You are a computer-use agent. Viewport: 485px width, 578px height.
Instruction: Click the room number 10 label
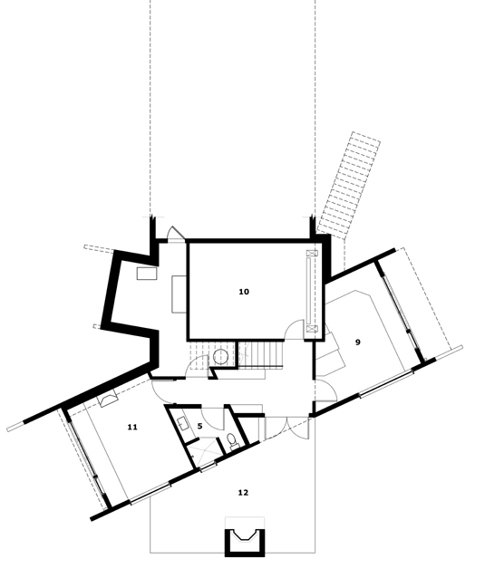coord(244,292)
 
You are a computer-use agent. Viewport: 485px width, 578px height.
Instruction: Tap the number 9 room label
coord(357,342)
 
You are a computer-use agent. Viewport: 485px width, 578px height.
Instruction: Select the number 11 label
coord(132,427)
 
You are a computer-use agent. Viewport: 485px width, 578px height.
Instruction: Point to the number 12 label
coord(243,493)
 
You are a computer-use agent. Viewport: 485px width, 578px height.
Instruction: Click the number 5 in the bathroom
coord(200,426)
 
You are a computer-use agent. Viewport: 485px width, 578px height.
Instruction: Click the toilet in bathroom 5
coord(232,440)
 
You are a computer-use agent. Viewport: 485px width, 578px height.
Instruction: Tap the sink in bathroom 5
coord(183,423)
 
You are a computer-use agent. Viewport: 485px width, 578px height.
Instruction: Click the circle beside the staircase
coord(220,356)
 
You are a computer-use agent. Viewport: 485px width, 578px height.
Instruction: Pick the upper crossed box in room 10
coord(313,254)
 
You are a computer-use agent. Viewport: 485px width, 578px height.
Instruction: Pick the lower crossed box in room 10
coord(313,329)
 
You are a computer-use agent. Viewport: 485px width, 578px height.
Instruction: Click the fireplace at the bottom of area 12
coord(245,542)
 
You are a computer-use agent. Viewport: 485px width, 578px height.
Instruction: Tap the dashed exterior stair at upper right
coord(349,184)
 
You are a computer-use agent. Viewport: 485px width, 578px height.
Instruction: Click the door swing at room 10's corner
coord(295,330)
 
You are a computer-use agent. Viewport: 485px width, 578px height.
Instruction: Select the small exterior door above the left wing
coord(176,234)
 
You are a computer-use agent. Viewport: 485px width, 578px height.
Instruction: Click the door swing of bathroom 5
coord(213,419)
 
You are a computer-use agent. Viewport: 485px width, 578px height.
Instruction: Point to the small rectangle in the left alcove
coord(147,274)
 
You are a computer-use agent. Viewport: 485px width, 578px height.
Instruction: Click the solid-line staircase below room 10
coord(261,355)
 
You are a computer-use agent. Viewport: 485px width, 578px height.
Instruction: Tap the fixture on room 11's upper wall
coord(109,400)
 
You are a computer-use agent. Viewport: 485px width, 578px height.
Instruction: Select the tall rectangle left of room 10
coord(179,294)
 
